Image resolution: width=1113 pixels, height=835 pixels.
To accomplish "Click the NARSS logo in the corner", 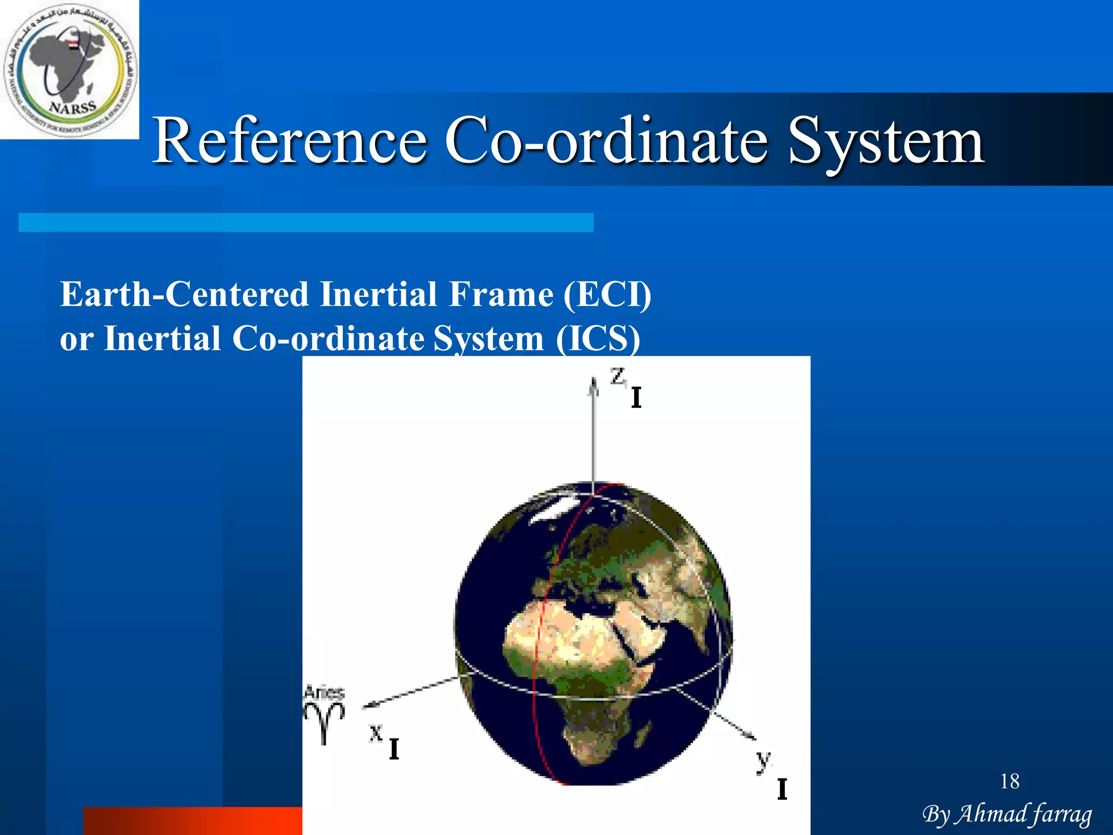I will click(70, 70).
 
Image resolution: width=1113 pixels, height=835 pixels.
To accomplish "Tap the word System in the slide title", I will click(886, 142).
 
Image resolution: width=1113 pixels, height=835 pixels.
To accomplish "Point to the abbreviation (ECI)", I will click(607, 295).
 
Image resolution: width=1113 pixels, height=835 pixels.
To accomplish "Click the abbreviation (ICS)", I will click(598, 339).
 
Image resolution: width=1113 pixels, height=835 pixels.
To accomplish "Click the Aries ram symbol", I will click(324, 720).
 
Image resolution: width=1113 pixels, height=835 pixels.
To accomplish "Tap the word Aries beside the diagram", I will click(324, 693).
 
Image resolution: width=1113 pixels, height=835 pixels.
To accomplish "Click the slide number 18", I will click(1010, 782).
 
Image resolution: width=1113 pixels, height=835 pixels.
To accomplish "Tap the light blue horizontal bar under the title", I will click(305, 222).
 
